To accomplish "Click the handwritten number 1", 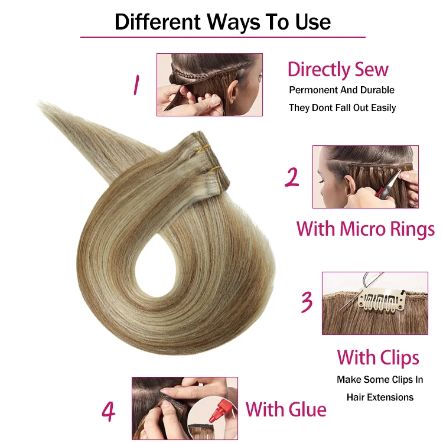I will point(136,84).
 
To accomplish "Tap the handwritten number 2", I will point(292,177).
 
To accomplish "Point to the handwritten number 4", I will point(108,411).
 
